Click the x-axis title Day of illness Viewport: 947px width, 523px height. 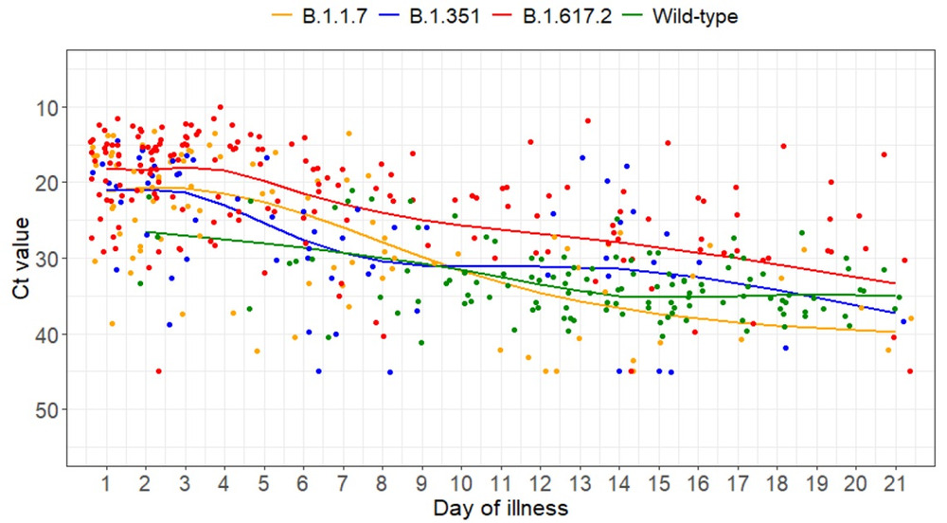[500, 509]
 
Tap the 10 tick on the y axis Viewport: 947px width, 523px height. [48, 106]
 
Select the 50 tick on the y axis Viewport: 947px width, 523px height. [48, 409]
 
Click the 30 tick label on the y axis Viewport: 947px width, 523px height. [48, 258]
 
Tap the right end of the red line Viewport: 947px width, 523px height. [895, 283]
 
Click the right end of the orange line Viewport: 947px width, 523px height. [895, 332]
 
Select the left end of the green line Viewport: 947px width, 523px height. [146, 232]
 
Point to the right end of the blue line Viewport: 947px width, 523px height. [895, 313]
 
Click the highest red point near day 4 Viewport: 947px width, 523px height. [220, 107]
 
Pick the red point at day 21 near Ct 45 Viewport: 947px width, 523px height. [910, 371]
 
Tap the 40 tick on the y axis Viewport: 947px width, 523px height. [48, 334]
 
